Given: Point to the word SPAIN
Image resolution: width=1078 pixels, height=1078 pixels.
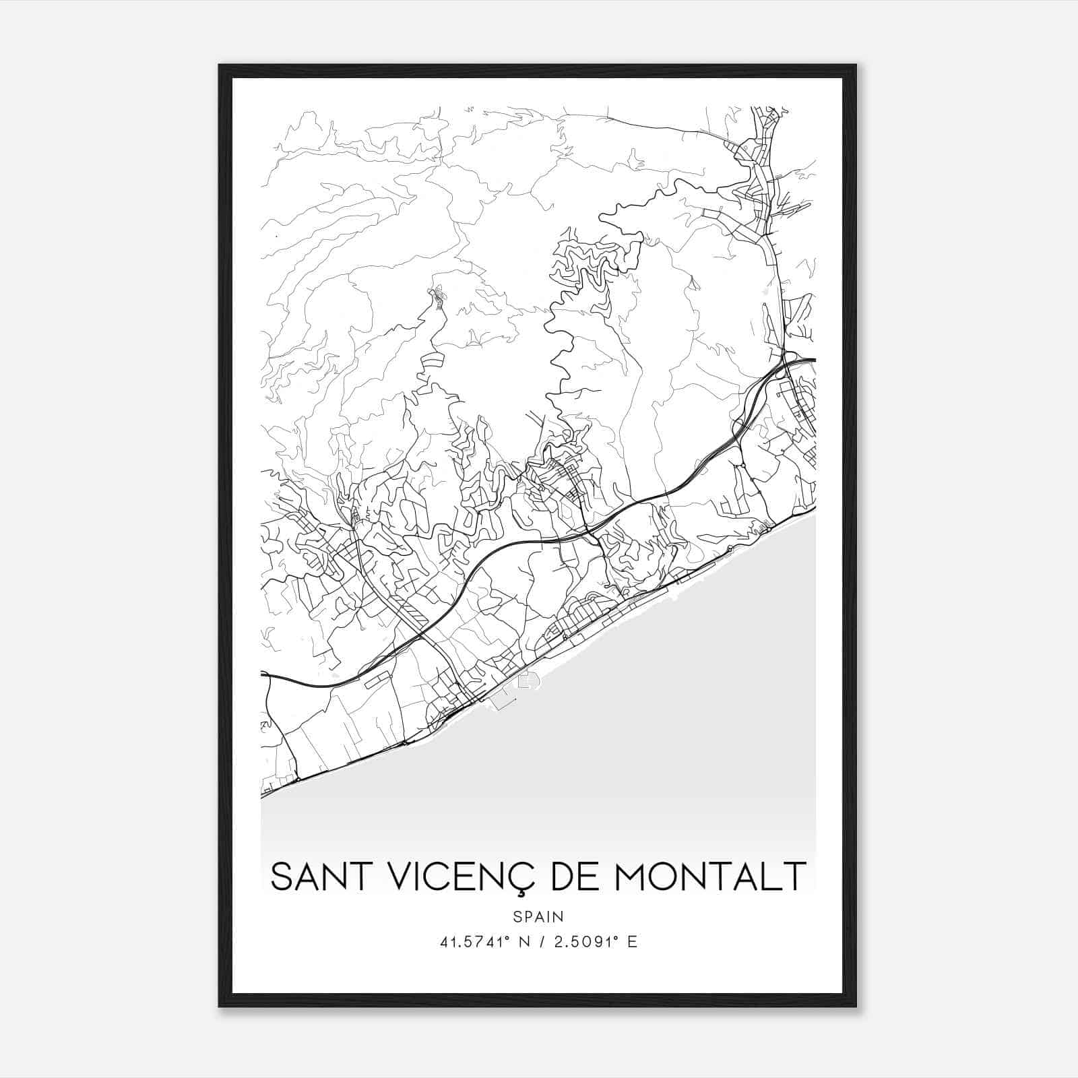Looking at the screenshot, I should (x=538, y=916).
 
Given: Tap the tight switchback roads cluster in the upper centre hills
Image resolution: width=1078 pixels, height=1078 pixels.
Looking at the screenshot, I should (x=583, y=263).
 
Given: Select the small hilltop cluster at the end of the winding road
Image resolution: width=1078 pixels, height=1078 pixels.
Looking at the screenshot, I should (x=439, y=297).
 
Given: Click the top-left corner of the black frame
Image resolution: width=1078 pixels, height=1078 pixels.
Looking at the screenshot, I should (x=220, y=66).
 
